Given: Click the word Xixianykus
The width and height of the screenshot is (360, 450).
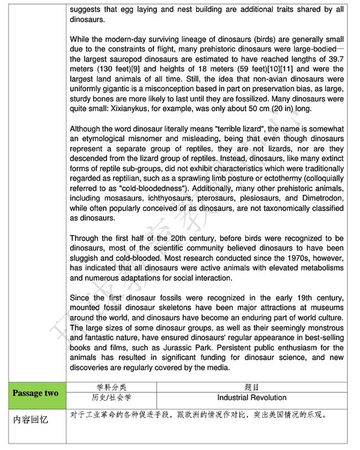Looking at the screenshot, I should point(143,109).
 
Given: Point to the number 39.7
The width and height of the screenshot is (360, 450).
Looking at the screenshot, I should point(334,59).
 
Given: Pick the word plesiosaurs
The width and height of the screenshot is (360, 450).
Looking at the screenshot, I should point(259,198).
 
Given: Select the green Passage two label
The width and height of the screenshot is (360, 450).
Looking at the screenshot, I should point(35,393).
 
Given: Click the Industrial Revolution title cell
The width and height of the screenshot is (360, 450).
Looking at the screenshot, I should point(251,398).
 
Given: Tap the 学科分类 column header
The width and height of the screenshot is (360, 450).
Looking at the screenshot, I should point(111,387).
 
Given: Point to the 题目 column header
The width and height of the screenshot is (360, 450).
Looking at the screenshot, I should point(251,387).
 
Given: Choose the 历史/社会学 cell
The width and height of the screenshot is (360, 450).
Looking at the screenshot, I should point(111,398).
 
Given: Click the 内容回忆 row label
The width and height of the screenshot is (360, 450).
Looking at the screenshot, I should point(31,420).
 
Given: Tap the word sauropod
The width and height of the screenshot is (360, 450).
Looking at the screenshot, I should point(120,59).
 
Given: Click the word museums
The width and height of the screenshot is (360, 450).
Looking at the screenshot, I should point(328,308).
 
